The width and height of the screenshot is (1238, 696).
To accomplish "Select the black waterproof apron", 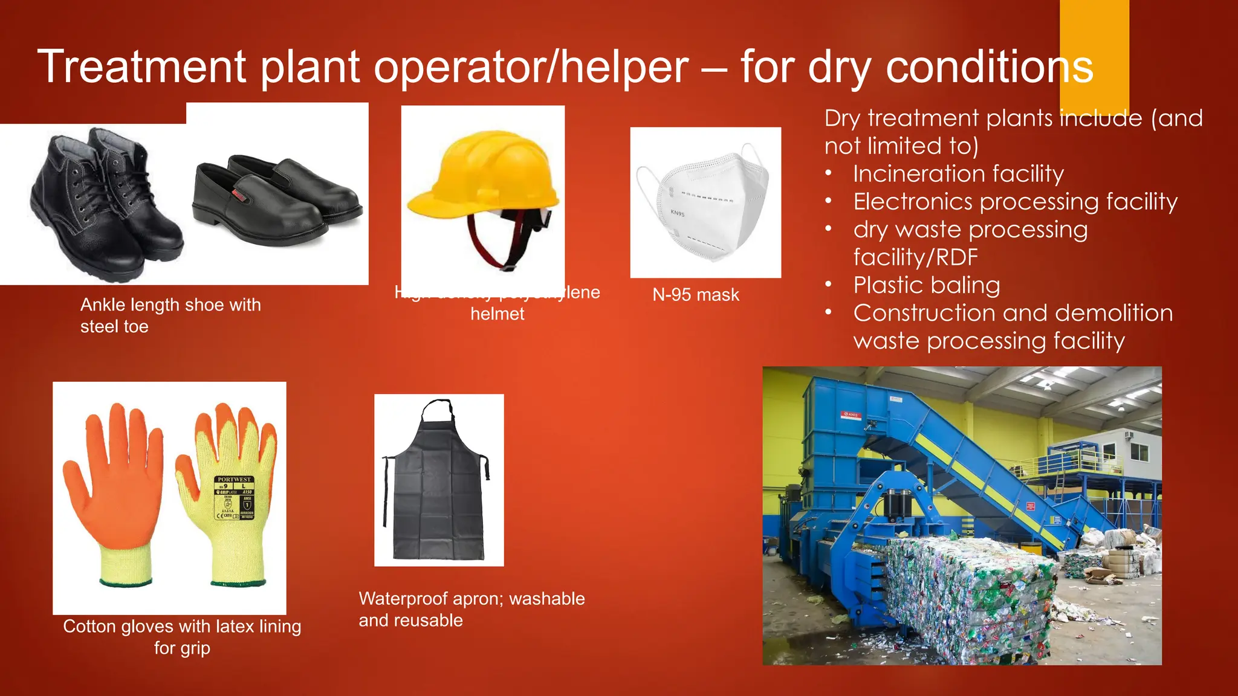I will click(x=438, y=489).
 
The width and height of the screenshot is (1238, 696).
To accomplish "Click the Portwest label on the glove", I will click(x=235, y=498).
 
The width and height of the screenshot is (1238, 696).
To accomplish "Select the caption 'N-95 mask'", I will click(x=696, y=295).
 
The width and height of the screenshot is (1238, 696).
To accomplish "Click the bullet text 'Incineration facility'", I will click(x=958, y=174).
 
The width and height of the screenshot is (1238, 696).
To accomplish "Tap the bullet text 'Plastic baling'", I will click(x=927, y=285).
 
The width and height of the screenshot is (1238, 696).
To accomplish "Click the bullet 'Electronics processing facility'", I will click(x=1015, y=202).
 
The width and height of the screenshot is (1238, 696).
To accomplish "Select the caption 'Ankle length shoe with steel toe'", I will click(x=170, y=315).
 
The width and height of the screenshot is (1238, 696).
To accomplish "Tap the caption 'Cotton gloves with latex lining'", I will click(x=182, y=627).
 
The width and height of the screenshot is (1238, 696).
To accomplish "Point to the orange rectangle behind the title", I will click(x=1094, y=24).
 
